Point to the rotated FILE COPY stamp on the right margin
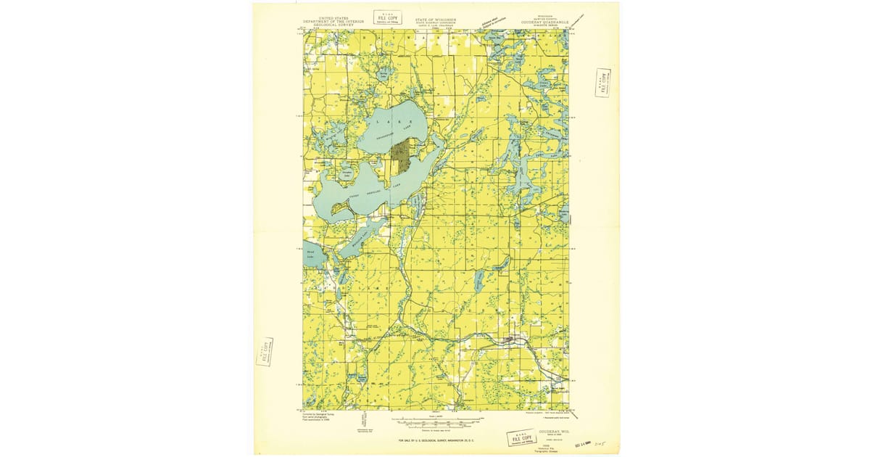[x=602, y=82]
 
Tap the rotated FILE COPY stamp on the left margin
[x=265, y=352]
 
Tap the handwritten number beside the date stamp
[x=598, y=440]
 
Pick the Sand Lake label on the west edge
[x=310, y=253]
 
